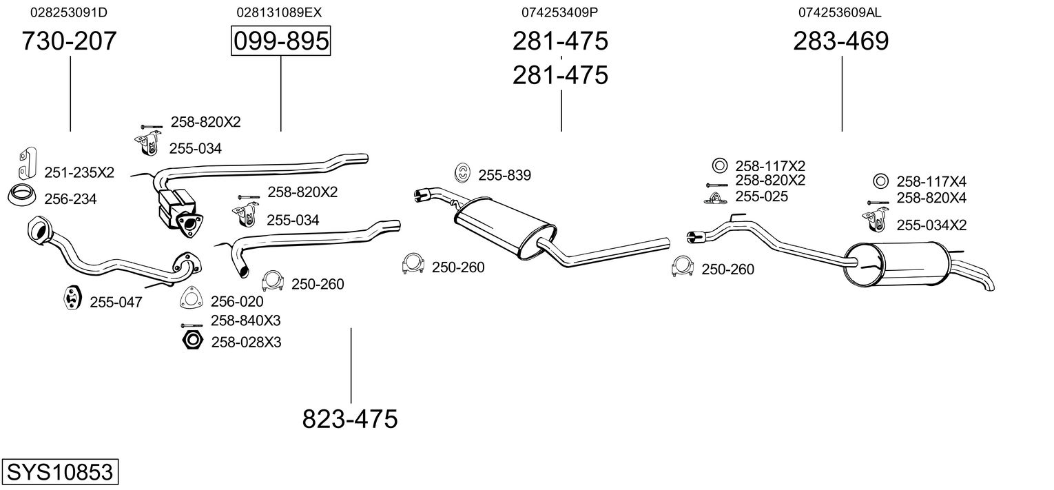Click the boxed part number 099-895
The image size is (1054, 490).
[x=280, y=41]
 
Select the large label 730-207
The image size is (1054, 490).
[x=70, y=41]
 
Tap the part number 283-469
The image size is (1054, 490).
[x=841, y=41]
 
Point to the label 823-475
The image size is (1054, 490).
[x=350, y=418]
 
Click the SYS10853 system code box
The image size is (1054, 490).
[x=60, y=473]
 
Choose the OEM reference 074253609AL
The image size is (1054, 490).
[x=840, y=12]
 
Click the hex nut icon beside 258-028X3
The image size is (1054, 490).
[x=192, y=340]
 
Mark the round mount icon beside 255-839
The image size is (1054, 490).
[x=462, y=174]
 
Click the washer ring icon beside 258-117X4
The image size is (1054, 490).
[x=880, y=181]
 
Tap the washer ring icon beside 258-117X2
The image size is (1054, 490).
[x=719, y=166]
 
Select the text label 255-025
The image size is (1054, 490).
[x=762, y=196]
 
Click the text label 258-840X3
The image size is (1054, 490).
[x=245, y=320]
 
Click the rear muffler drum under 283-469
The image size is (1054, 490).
[x=896, y=265]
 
